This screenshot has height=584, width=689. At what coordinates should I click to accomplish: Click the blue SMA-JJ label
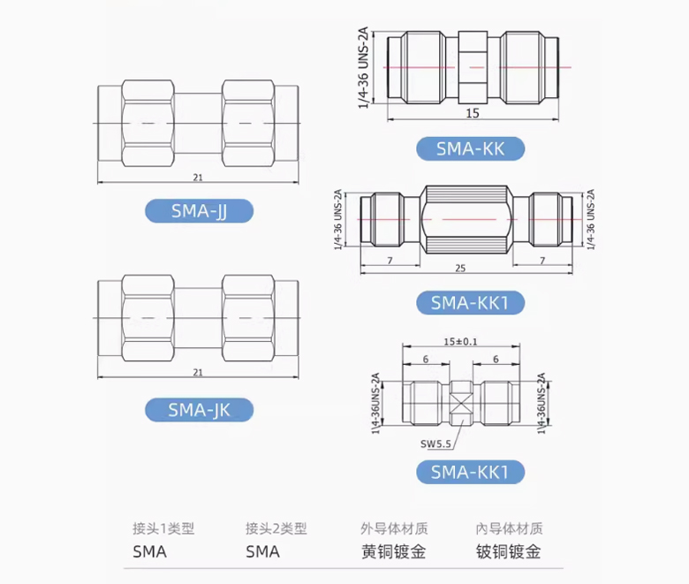(x=198, y=211)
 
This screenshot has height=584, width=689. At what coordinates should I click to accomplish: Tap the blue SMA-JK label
(x=198, y=410)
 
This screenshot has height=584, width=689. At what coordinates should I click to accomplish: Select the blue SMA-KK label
(x=470, y=148)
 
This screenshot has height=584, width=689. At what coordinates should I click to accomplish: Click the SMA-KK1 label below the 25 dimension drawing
(x=470, y=303)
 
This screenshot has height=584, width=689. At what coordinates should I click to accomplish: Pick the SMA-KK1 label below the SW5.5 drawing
(x=470, y=472)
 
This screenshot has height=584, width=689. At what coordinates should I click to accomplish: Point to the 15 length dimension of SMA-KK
(x=473, y=113)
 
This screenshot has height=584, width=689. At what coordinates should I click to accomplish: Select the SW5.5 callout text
(x=436, y=444)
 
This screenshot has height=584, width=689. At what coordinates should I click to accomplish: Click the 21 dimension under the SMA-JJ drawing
(x=197, y=178)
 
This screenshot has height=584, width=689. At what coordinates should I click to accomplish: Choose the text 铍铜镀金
(x=508, y=552)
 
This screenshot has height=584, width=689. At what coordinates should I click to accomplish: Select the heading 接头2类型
(x=276, y=529)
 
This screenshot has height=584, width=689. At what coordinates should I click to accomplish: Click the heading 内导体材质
(x=508, y=529)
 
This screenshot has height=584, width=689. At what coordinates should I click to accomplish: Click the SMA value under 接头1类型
(x=149, y=552)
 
